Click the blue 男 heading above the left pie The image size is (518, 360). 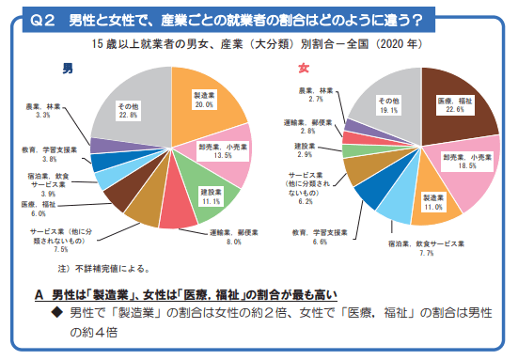tap(67, 69)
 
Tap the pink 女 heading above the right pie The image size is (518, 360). tap(303, 69)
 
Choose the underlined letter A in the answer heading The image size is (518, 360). tap(39, 293)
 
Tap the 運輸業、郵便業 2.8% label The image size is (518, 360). tap(305, 128)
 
